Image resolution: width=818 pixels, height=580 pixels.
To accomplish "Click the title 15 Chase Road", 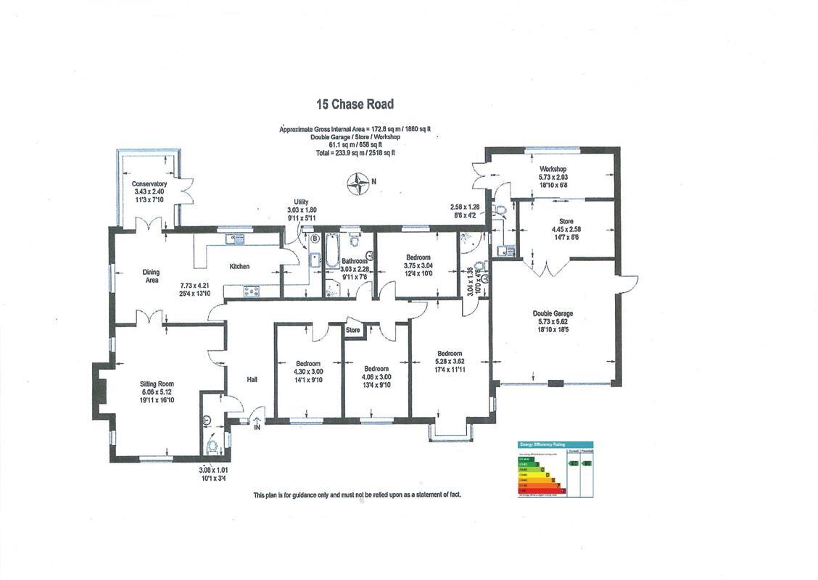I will point(355,104).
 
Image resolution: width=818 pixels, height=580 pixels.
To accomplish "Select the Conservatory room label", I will point(149,184).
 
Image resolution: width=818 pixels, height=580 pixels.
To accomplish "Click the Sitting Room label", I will point(157,384).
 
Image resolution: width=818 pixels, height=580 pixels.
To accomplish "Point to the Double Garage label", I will point(553,314).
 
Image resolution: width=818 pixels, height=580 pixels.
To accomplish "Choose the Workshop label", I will point(553,169).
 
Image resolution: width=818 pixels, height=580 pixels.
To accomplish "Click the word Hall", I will point(252,379).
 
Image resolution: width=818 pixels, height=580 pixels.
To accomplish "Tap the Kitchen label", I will point(239,267).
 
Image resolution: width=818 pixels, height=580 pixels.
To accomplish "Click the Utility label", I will point(301,202).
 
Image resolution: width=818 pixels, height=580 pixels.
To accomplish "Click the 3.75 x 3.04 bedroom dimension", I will point(418,265).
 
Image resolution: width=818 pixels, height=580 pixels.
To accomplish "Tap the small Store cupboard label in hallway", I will point(352,331).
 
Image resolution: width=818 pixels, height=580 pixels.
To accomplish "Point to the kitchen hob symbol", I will point(252,291).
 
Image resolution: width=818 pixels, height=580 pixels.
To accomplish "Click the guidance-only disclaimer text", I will point(357,494).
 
